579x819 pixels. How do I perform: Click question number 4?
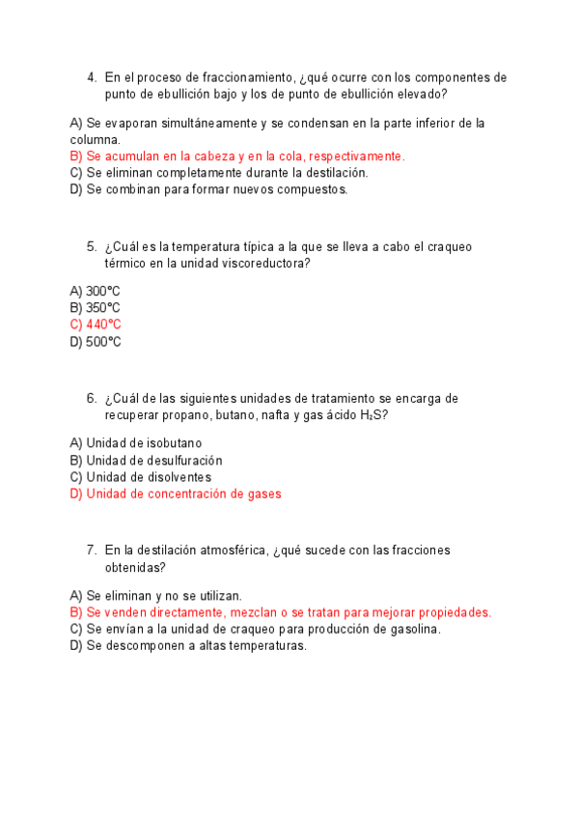coord(91,77)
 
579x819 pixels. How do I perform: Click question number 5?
coord(91,247)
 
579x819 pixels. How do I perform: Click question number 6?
coord(91,398)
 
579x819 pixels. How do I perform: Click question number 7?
coord(91,551)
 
